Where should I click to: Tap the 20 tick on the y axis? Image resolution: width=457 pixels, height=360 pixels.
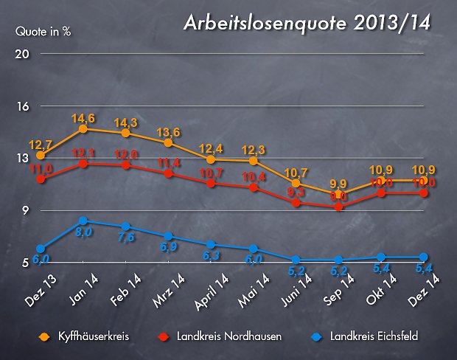pyautogui.click(x=22, y=55)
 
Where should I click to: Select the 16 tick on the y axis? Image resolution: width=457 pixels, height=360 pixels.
pyautogui.click(x=22, y=106)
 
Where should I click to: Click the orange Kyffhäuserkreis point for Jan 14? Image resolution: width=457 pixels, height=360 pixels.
pyautogui.click(x=83, y=129)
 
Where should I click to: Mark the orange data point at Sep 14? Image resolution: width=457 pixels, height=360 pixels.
pyautogui.click(x=338, y=194)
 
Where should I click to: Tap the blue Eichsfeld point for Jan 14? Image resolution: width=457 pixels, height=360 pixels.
pyautogui.click(x=83, y=221)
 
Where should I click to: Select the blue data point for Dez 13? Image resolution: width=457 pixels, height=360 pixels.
pyautogui.click(x=41, y=249)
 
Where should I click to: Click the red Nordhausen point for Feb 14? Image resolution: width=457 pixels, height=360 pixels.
pyautogui.click(x=126, y=165)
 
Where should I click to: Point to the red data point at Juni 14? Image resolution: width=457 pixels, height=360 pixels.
pyautogui.click(x=296, y=202)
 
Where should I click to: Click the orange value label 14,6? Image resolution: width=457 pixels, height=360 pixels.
pyautogui.click(x=83, y=118)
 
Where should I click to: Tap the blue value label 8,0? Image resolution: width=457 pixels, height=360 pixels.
pyautogui.click(x=83, y=232)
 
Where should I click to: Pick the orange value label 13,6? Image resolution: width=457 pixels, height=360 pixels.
pyautogui.click(x=169, y=131)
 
